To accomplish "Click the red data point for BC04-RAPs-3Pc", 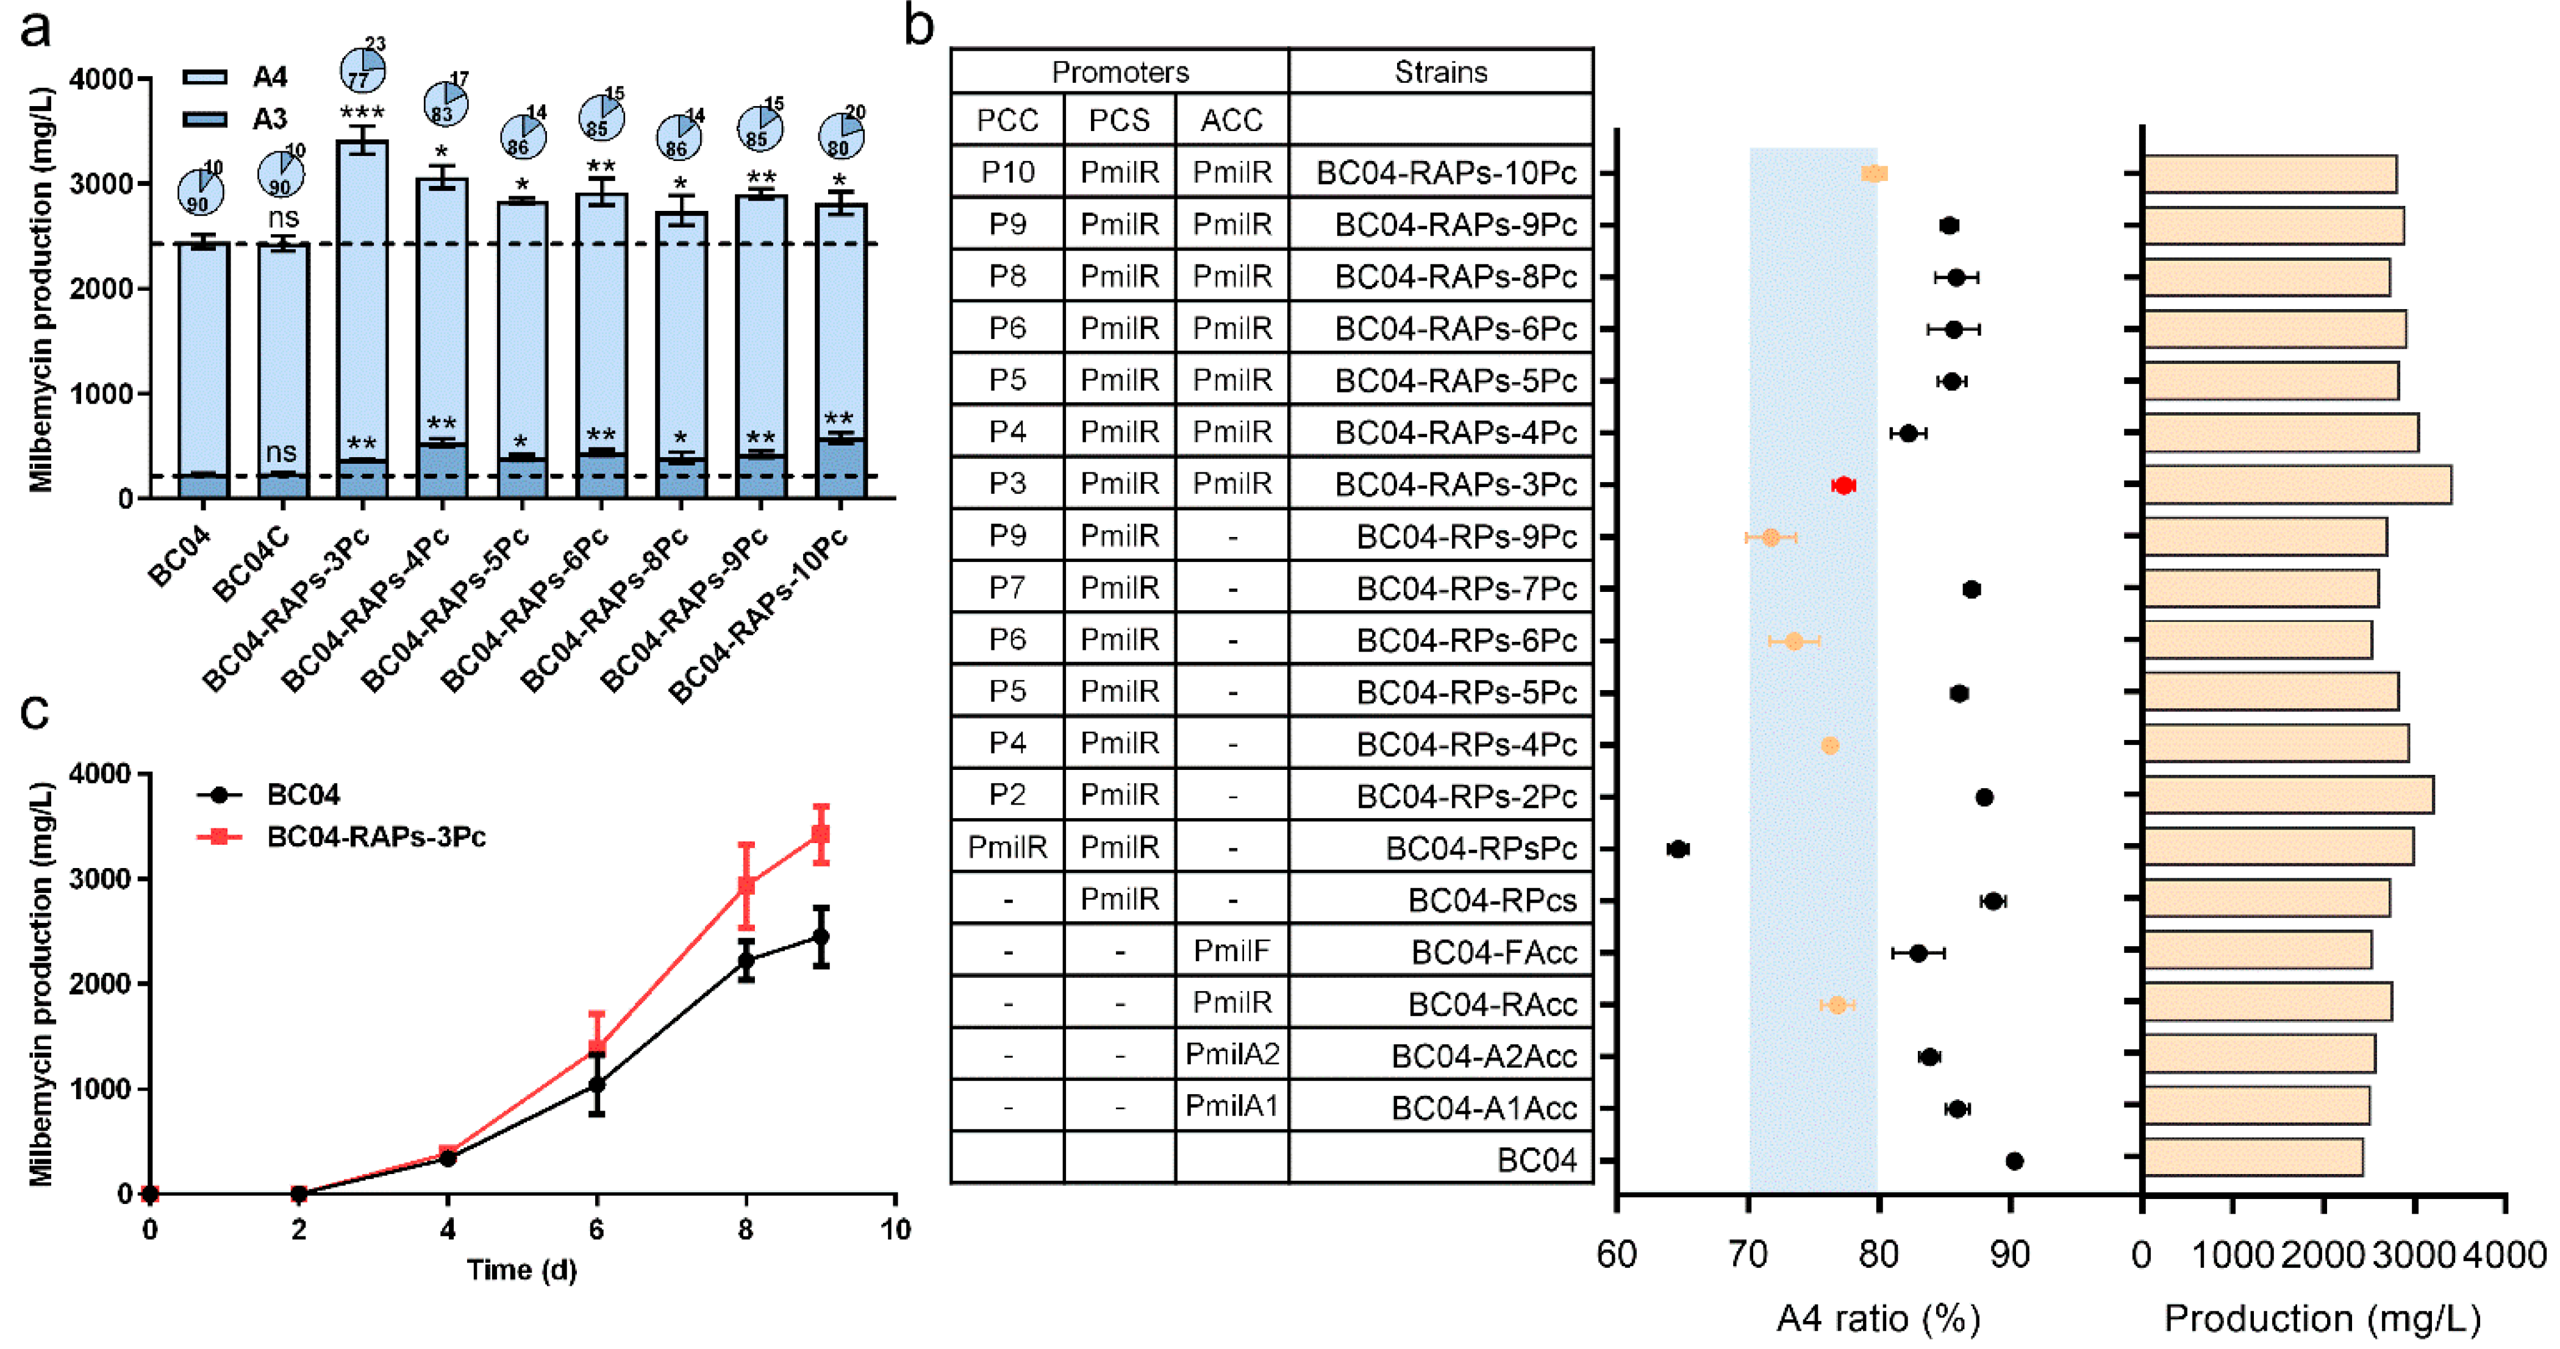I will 1843,485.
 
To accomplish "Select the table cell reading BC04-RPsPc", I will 1480,847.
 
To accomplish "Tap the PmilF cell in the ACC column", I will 1231,951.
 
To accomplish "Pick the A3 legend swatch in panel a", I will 206,119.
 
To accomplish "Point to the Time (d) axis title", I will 522,1270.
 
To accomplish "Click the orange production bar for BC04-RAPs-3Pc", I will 2296,485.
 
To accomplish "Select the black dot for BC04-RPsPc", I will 1678,849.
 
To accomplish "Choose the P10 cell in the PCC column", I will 1007,172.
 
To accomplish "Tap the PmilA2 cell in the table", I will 1231,1054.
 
